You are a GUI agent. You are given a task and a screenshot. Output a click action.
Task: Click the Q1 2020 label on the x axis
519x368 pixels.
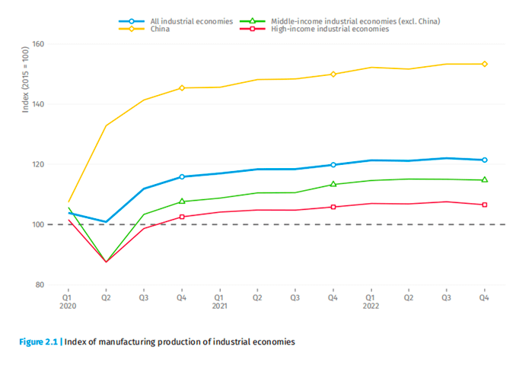pos(68,303)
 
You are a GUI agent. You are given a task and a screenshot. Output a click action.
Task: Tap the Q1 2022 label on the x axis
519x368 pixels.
pos(371,303)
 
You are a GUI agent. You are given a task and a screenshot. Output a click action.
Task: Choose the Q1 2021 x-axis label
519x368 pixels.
pos(219,303)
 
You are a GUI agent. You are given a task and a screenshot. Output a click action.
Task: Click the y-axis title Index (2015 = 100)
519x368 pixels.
pos(25,79)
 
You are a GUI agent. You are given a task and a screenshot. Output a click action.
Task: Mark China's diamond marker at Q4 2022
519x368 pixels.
pos(484,64)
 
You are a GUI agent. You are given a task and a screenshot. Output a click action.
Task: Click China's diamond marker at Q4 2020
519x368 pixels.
pos(181,87)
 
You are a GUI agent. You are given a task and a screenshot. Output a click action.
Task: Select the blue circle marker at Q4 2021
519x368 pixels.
pos(333,164)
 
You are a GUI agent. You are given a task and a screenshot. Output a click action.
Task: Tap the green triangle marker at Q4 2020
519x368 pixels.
pos(181,201)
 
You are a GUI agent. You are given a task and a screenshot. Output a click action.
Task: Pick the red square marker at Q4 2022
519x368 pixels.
pos(484,205)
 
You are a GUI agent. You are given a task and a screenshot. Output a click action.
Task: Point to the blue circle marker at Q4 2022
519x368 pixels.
pos(484,160)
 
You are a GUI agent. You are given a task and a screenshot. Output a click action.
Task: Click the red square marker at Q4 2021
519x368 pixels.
pos(333,207)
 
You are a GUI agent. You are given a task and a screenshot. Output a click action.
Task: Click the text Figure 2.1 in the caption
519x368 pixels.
pos(39,342)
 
